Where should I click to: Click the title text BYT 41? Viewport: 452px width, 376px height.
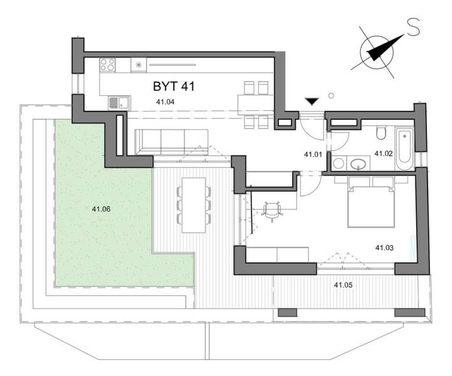click(174, 86)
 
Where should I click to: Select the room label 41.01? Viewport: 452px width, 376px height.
click(312, 154)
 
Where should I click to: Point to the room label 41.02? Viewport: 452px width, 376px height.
click(383, 153)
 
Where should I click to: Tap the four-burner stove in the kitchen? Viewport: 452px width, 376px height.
click(107, 65)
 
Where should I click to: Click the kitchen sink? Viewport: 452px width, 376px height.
click(117, 102)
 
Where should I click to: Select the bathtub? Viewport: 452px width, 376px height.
click(404, 147)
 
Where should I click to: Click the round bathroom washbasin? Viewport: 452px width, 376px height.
click(360, 165)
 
